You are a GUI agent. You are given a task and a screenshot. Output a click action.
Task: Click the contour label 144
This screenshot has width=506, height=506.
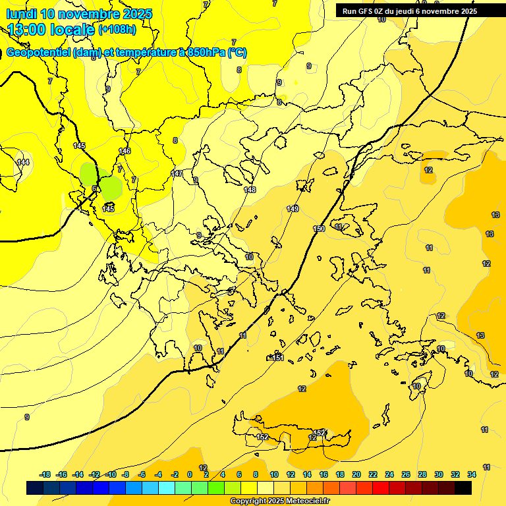tap(23, 162)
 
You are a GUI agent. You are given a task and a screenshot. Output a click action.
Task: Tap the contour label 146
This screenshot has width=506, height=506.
tap(125, 152)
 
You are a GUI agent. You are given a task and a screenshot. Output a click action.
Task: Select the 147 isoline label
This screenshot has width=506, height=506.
tap(177, 173)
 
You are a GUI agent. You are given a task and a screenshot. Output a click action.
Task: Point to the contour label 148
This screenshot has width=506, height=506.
tap(250, 190)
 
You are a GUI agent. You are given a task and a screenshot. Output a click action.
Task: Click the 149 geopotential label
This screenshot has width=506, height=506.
tap(293, 209)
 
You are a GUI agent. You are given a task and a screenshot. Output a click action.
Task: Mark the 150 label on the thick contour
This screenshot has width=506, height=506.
tap(319, 229)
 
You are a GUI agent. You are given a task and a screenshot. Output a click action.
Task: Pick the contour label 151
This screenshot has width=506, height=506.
tap(278, 358)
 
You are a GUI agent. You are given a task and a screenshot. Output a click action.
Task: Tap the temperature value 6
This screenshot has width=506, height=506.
tap(94, 189)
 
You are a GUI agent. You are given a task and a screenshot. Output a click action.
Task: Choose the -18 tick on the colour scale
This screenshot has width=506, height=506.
tap(45, 474)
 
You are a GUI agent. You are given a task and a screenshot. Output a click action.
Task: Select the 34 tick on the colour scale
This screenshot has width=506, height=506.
tap(472, 474)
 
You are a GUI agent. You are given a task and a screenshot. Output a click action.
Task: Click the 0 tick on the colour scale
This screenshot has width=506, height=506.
tap(189, 474)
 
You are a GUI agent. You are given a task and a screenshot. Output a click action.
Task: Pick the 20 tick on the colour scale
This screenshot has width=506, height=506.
tap(356, 474)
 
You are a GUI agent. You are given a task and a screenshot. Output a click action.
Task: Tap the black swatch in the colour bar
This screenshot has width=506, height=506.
tap(463, 488)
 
